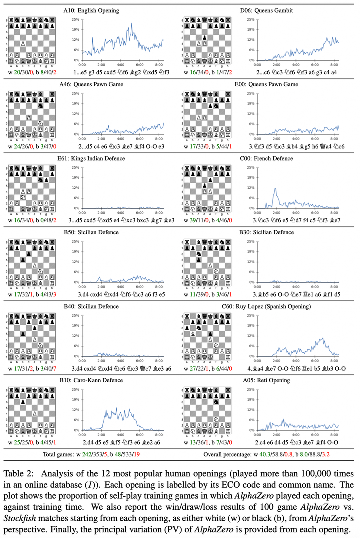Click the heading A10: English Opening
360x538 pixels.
pos(91,10)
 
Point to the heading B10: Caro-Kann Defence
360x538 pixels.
pos(91,380)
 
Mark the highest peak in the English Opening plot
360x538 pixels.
pos(132,23)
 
